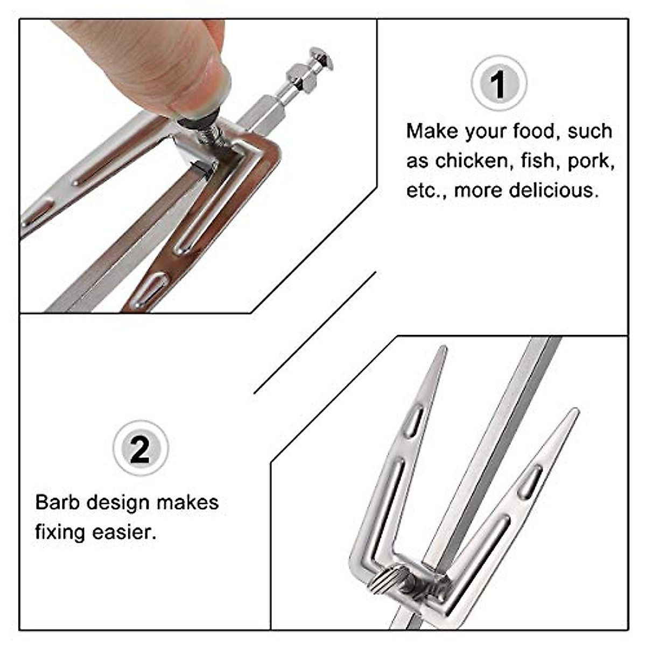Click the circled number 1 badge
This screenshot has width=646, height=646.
pos(498,83)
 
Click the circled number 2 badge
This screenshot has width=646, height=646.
pos(141,448)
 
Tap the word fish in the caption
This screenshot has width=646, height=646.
pos(538,160)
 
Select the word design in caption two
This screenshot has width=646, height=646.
pos(118,502)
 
